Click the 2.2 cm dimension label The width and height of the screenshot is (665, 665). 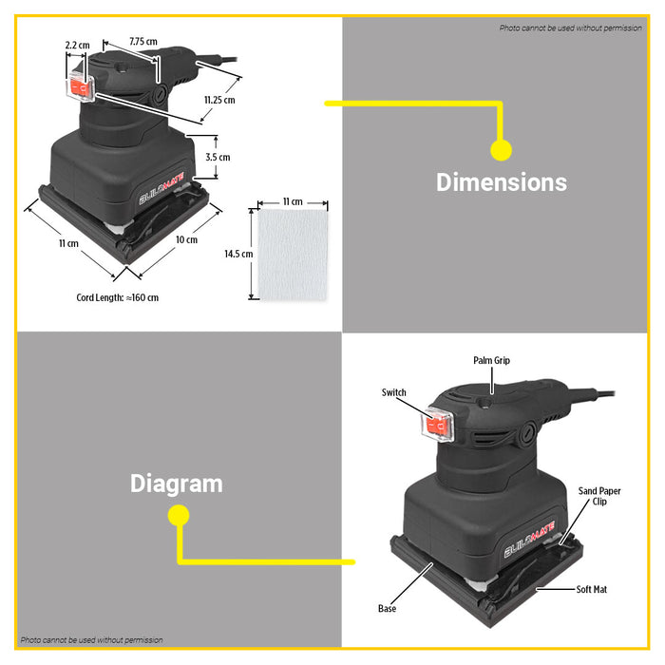(78, 45)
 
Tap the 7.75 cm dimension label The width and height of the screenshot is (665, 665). (143, 42)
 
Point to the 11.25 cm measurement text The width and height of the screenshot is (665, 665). (219, 100)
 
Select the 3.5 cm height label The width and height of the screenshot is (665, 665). (218, 158)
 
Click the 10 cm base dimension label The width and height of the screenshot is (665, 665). (186, 240)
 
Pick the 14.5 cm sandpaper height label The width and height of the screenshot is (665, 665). (238, 254)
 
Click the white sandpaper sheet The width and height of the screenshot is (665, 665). (293, 255)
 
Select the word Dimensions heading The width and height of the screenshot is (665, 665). (502, 182)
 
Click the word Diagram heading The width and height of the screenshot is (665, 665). (177, 484)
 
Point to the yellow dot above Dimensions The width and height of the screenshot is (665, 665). (502, 150)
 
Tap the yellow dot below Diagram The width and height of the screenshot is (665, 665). (179, 515)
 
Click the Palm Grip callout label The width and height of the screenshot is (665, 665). (491, 360)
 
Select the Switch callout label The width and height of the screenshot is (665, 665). (393, 392)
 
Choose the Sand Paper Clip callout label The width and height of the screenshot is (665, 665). (599, 496)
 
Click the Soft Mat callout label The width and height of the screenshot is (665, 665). (592, 590)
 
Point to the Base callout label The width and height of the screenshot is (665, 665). (387, 609)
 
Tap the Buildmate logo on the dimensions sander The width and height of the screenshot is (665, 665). (161, 188)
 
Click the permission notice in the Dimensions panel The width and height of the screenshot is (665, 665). (570, 28)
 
